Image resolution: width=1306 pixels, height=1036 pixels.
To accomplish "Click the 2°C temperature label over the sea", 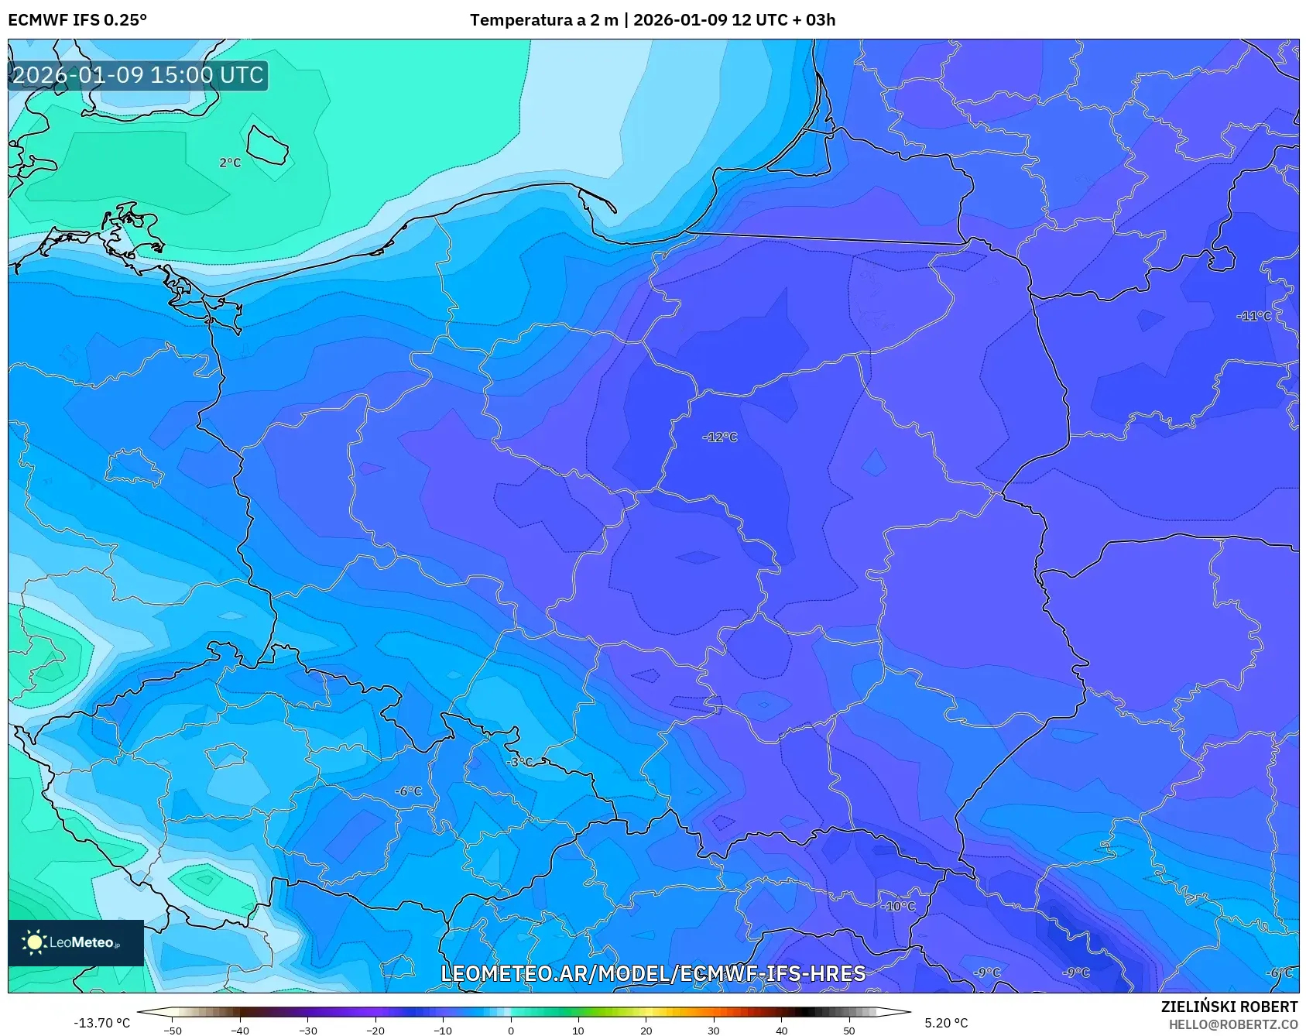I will point(230,163).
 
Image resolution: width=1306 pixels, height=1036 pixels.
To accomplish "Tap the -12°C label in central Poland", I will point(720,437).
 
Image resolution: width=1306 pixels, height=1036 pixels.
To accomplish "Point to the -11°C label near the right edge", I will point(1253,316).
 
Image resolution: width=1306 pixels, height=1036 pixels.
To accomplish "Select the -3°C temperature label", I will point(519,762).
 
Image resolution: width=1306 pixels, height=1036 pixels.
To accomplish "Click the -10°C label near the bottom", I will point(898,906).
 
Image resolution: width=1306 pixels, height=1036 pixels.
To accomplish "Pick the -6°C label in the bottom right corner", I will point(1279,973).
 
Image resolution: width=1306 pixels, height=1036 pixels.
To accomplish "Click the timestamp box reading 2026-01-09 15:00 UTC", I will point(138,75).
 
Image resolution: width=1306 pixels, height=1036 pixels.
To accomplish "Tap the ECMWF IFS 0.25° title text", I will point(77,20).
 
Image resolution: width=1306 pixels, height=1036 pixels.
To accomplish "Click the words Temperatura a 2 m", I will point(543,20).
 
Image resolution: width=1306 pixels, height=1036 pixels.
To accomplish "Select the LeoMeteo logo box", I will point(76,942).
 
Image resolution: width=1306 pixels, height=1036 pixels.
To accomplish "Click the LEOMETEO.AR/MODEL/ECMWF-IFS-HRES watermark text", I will point(653,973).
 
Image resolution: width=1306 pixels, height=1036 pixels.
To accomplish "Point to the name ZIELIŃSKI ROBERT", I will point(1229,1007).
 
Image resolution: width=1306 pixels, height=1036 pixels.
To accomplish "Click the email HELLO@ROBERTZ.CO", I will point(1232,1024).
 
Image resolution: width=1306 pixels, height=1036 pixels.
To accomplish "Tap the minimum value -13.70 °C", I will point(101,1023).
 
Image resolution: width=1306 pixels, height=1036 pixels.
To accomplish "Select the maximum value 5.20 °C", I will point(946,1023).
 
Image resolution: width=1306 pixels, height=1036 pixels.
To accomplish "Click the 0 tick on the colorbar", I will point(510,1031).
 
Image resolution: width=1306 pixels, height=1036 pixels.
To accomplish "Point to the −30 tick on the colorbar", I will point(307,1031).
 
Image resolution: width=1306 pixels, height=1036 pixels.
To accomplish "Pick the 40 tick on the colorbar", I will point(781,1031).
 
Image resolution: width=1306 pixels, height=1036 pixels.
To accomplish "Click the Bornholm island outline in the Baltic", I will point(268,145).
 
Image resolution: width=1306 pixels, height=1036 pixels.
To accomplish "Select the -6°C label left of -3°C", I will point(408,791).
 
